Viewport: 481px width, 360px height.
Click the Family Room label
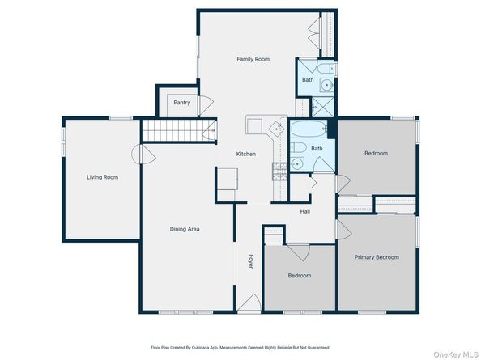(x=253, y=59)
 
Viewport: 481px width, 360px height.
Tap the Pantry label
(x=182, y=102)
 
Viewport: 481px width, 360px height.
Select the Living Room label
(x=102, y=177)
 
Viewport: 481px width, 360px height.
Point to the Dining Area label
(x=185, y=229)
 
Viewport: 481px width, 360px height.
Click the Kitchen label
(x=246, y=154)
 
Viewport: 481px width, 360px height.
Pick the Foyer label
(x=251, y=261)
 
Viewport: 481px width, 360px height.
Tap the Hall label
(x=305, y=211)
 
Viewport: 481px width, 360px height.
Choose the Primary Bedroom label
(x=377, y=257)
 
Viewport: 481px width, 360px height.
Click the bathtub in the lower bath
(x=309, y=129)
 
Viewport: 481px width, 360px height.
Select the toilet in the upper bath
(x=326, y=68)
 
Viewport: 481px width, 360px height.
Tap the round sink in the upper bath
(x=327, y=85)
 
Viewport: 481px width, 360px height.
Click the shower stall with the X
(x=323, y=107)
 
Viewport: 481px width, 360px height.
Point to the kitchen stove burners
(x=279, y=172)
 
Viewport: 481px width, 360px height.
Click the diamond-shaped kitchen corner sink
(x=277, y=128)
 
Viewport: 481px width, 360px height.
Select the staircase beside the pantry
(x=179, y=130)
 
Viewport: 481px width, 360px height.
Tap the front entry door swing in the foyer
(x=249, y=303)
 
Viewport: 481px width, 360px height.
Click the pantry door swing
(x=206, y=106)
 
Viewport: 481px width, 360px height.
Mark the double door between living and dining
(x=143, y=154)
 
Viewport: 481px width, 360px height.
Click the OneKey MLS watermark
(x=455, y=354)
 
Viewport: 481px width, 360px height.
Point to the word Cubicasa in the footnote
(x=200, y=348)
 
